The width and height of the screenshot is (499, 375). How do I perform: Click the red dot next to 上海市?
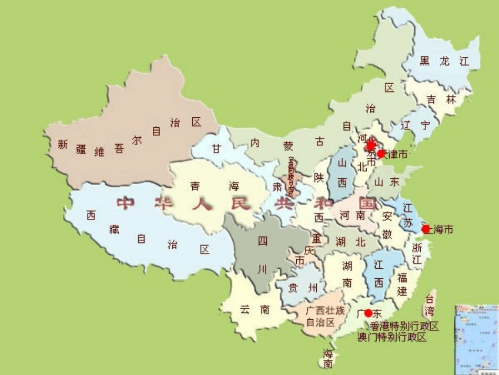426,229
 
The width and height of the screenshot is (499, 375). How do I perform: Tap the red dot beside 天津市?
381,154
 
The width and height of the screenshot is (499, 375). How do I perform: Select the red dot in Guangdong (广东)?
368,313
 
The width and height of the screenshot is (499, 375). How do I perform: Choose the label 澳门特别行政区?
392,338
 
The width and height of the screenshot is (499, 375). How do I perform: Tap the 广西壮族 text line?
325,310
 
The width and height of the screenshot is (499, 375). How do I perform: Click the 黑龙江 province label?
444,61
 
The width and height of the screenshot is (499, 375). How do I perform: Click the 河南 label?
352,215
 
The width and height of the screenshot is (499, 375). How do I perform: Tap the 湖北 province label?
350,242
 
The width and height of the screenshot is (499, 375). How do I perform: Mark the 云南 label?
255,310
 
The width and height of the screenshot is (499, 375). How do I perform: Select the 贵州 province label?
304,288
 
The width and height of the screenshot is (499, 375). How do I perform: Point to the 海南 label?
328,358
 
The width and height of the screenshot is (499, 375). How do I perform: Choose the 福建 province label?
402,284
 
